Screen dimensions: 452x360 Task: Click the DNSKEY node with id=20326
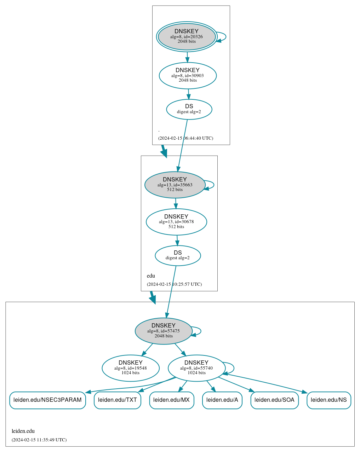(x=187, y=36)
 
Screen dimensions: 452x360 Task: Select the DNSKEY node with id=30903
(x=188, y=75)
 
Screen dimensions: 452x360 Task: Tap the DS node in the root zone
(x=189, y=109)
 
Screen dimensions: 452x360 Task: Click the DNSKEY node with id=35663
(x=175, y=185)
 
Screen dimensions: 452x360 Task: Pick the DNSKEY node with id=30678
(x=176, y=222)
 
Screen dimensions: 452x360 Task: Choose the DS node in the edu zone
(x=178, y=255)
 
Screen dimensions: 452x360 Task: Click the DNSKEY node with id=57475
(x=164, y=331)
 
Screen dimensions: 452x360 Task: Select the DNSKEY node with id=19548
(x=131, y=368)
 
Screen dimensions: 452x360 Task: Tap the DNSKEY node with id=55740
(x=196, y=368)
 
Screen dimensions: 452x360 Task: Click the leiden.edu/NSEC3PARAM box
(x=47, y=400)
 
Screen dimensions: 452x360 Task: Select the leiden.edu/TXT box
(x=118, y=400)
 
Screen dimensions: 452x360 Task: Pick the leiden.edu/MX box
(x=172, y=400)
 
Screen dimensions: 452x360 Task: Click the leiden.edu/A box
(x=222, y=400)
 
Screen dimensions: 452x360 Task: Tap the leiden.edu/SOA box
(x=274, y=400)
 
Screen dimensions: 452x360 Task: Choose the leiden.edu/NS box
(x=329, y=400)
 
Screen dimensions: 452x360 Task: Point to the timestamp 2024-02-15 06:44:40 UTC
(x=185, y=138)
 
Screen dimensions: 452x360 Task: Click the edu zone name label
(x=151, y=276)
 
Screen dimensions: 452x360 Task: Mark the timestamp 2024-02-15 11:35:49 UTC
(x=39, y=440)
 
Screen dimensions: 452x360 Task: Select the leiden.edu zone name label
(x=23, y=431)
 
